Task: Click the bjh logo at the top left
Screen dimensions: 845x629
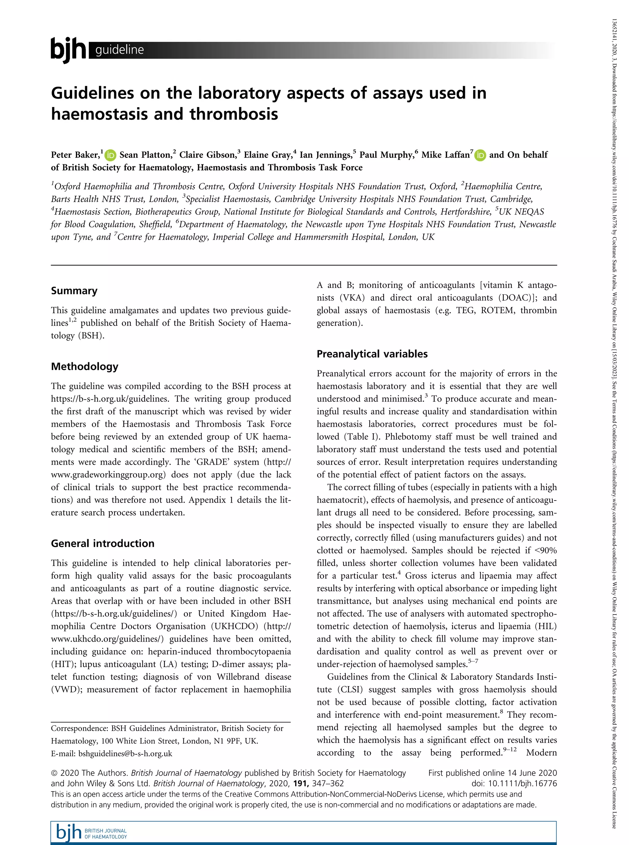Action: pyautogui.click(x=68, y=49)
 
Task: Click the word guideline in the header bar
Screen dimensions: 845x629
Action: pyautogui.click(x=119, y=50)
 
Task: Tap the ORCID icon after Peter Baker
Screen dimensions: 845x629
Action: pyautogui.click(x=111, y=155)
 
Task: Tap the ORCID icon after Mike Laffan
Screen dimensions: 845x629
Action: pyautogui.click(x=480, y=155)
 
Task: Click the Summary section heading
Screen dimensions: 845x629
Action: pyautogui.click(x=74, y=291)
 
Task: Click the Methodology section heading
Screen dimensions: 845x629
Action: pyautogui.click(x=84, y=367)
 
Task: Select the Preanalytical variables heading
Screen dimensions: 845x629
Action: pyautogui.click(x=372, y=354)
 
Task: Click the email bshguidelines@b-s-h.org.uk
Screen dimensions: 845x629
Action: pyautogui.click(x=125, y=753)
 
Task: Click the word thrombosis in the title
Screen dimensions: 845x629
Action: pyautogui.click(x=234, y=114)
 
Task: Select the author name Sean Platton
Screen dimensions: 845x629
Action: pyautogui.click(x=145, y=155)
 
